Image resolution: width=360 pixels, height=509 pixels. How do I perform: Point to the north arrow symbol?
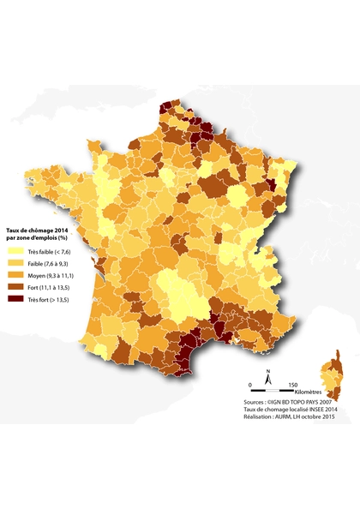tap(268, 375)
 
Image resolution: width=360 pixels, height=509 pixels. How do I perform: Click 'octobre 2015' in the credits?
tap(331, 419)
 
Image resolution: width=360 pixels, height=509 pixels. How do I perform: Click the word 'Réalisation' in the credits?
tap(259, 419)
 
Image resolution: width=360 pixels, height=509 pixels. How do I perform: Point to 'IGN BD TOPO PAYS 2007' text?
tap(311, 401)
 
